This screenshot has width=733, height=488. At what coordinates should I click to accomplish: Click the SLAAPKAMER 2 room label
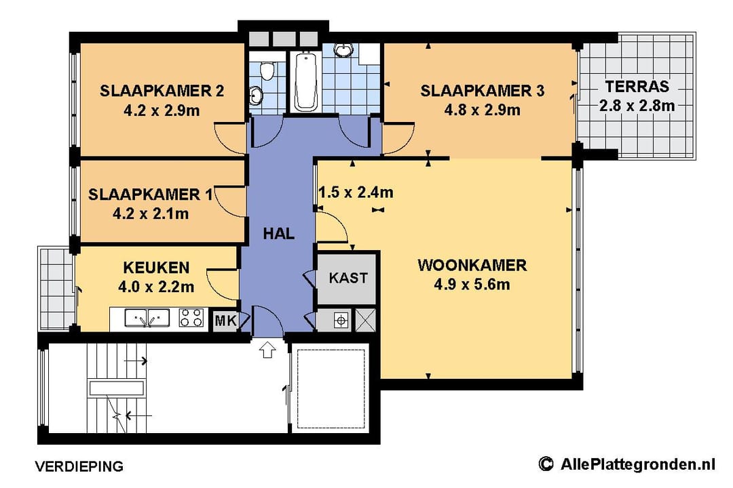pyautogui.click(x=162, y=91)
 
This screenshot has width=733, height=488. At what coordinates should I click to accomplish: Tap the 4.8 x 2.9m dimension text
pyautogui.click(x=482, y=110)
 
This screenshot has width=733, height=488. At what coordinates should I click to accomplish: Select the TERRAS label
pyautogui.click(x=637, y=86)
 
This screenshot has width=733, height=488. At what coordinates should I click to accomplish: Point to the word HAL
pyautogui.click(x=279, y=233)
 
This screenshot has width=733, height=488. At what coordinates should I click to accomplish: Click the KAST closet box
pyautogui.click(x=347, y=279)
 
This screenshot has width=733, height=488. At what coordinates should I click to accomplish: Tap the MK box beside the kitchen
pyautogui.click(x=226, y=321)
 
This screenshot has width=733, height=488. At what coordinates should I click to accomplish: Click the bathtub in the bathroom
pyautogui.click(x=305, y=81)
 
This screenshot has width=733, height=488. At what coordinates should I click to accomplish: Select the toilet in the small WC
pyautogui.click(x=266, y=71)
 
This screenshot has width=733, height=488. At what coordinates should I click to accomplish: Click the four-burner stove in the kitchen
pyautogui.click(x=191, y=318)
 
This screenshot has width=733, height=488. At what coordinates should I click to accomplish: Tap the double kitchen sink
pyautogui.click(x=147, y=318)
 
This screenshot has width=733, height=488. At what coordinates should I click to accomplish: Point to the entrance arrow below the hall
pyautogui.click(x=267, y=349)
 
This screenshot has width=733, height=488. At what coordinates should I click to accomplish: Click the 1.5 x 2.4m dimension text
pyautogui.click(x=356, y=192)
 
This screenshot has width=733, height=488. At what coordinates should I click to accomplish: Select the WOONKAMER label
pyautogui.click(x=472, y=265)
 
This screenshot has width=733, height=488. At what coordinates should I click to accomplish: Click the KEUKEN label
pyautogui.click(x=156, y=268)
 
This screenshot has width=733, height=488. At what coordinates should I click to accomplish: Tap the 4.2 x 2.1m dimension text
pyautogui.click(x=151, y=214)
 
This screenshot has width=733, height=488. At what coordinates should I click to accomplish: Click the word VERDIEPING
pyautogui.click(x=79, y=466)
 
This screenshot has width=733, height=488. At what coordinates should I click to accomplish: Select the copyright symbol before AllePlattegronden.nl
pyautogui.click(x=545, y=464)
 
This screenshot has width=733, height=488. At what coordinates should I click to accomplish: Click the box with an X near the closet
pyautogui.click(x=366, y=321)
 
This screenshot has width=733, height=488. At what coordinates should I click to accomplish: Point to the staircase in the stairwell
pyautogui.click(x=117, y=388)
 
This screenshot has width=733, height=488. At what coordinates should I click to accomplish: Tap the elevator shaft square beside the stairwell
pyautogui.click(x=331, y=388)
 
